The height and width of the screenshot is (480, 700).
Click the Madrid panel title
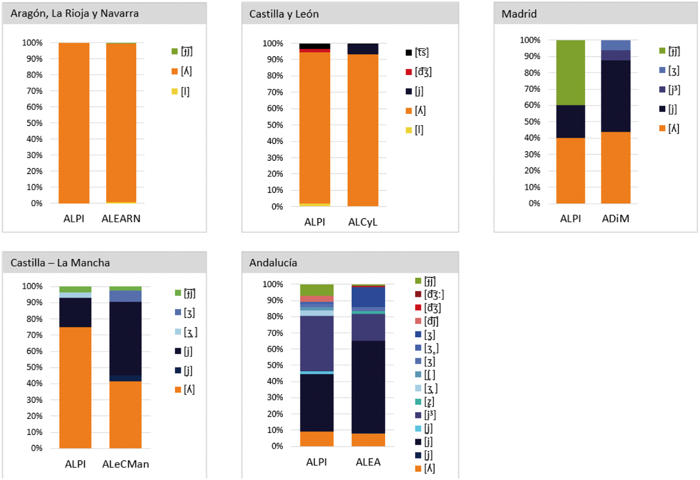[519, 14]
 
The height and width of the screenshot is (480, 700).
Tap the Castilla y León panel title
[284, 14]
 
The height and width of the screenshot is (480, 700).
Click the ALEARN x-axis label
[121, 219]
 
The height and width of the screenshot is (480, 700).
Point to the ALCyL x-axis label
[363, 222]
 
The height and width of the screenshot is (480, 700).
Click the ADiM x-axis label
[615, 219]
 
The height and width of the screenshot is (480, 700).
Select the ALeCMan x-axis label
[126, 464]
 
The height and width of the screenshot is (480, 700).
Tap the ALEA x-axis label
[368, 462]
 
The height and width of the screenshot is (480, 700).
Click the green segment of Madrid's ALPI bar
[570, 73]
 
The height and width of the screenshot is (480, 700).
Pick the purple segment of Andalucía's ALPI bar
[317, 343]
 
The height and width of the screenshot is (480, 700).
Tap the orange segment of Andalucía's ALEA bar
[368, 440]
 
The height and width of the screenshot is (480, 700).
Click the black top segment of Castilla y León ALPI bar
[315, 46]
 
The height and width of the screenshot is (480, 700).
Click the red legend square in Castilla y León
[409, 72]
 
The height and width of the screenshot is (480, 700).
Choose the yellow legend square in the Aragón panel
[175, 91]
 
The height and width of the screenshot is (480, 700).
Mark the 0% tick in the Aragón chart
[36, 203]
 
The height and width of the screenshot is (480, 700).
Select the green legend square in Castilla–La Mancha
[178, 293]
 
